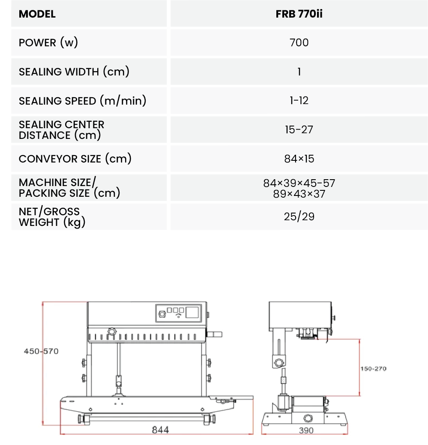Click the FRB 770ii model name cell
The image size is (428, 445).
pos(299,14)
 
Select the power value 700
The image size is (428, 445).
pos(299,42)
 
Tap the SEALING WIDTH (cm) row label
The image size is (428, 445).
pos(74,72)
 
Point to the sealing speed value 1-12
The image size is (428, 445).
pos(299,100)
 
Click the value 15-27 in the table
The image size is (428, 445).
pos(299,129)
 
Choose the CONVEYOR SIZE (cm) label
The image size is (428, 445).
pos(75,159)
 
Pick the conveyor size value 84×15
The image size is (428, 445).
pos(299,159)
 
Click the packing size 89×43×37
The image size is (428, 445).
pos(299,194)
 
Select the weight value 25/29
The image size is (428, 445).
pos(299,216)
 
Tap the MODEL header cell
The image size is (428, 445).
pos(37,14)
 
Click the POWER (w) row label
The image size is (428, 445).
pos(48,42)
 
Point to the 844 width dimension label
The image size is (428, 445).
pos(160,430)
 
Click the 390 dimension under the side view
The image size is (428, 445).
pos(306,430)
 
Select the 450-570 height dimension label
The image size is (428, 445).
pos(41,351)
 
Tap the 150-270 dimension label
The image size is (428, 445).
pos(373,369)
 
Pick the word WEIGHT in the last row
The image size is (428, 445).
pos(39,222)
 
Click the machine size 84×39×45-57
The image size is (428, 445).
pos(299,183)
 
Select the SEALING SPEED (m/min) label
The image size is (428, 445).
pos(82,101)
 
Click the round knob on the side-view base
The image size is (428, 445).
pos(308,418)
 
